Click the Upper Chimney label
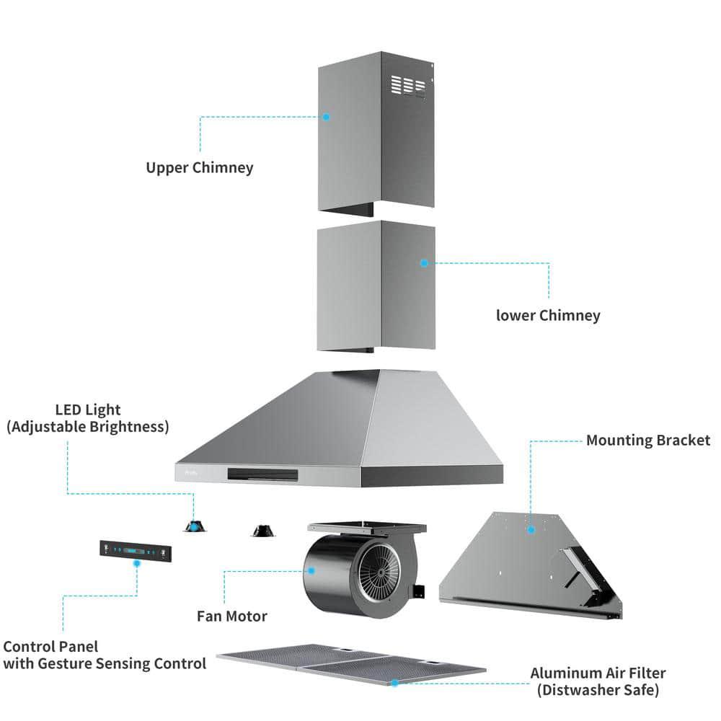coord(200,168)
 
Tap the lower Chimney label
coord(548,315)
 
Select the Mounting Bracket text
coord(647,440)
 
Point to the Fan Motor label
coord(232,616)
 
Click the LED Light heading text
coord(88,410)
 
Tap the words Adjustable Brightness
coord(88,427)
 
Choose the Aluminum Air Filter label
coord(598,673)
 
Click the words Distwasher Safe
coord(598,691)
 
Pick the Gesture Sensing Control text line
coord(104,663)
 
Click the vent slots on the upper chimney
coord(407,87)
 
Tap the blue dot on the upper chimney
coord(326,116)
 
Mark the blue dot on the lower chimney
coord(424,263)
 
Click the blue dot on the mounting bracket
coord(531,529)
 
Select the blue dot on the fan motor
coord(312,570)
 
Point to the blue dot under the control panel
coord(137,565)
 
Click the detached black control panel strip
coord(137,551)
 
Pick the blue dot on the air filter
coord(394,681)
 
